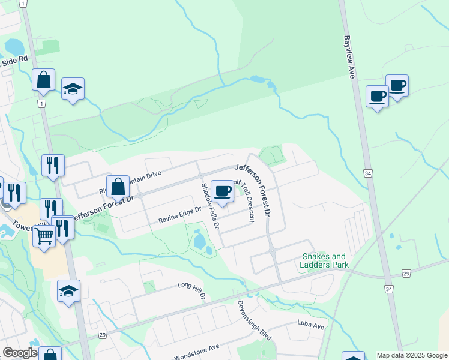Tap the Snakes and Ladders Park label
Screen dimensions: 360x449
[325, 260]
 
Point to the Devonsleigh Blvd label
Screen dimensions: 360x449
[255, 320]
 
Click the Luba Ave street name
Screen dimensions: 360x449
[310, 326]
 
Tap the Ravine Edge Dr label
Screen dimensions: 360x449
[179, 217]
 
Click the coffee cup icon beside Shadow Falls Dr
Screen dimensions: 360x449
[223, 191]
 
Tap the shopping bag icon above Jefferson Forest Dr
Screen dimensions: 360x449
[118, 187]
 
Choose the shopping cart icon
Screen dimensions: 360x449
[44, 236]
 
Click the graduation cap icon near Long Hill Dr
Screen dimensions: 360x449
[68, 291]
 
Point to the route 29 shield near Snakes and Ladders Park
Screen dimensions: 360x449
[406, 274]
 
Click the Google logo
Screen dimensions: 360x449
[20, 353]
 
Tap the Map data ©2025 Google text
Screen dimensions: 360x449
[411, 355]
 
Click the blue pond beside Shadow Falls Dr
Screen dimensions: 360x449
[199, 242]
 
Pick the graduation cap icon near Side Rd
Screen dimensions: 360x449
[73, 89]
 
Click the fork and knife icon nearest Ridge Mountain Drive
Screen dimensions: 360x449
[53, 165]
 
